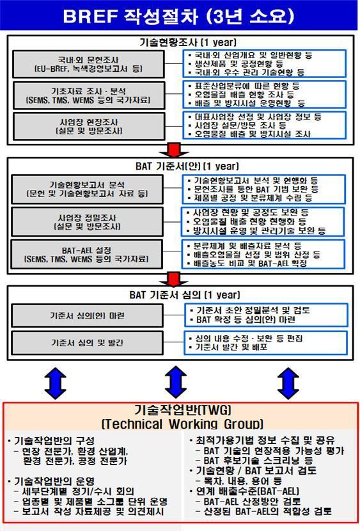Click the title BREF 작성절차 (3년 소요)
[x=179, y=15]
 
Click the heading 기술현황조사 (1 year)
[x=179, y=42]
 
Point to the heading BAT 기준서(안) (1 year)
[x=179, y=166]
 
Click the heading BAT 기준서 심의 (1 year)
[x=179, y=294]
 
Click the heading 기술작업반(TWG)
[x=181, y=409]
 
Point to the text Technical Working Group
[x=181, y=424]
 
